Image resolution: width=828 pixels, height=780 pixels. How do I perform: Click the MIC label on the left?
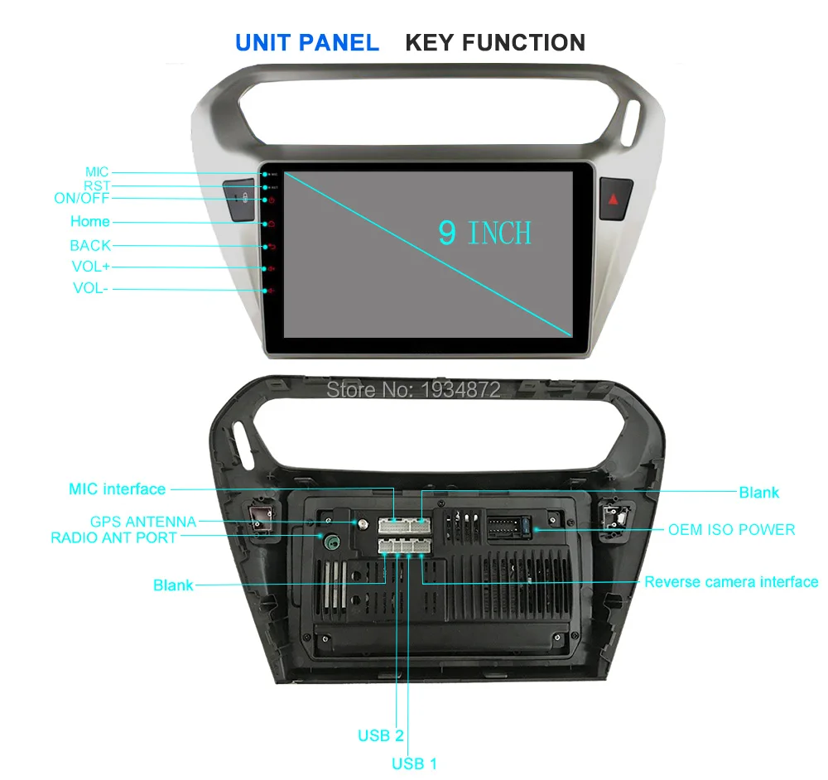(x=96, y=172)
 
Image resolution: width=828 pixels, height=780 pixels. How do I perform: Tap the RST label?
(x=96, y=186)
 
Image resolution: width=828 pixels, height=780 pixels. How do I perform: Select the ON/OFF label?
(x=81, y=199)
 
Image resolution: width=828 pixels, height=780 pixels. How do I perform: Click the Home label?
(x=89, y=221)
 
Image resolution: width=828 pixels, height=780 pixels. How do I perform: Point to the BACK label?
(x=89, y=245)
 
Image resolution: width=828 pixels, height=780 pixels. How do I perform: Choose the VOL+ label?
(x=90, y=267)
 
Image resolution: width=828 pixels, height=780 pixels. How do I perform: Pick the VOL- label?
(x=90, y=288)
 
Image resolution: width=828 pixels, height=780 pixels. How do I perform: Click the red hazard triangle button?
(x=614, y=199)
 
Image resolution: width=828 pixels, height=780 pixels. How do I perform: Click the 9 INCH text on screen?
(x=484, y=233)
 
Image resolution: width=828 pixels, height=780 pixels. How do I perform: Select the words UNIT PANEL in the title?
(x=307, y=42)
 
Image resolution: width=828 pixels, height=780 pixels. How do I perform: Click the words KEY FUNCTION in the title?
(x=495, y=42)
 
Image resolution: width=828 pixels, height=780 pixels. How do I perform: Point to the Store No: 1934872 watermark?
(x=414, y=388)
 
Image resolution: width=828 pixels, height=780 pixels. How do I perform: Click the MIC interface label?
(x=117, y=489)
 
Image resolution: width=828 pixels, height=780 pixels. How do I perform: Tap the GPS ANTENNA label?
(x=142, y=522)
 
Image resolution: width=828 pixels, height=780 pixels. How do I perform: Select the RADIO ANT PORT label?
(x=113, y=537)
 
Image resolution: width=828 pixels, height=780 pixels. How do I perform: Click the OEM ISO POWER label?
(x=731, y=529)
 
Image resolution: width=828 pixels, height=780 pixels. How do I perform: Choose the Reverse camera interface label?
(x=731, y=582)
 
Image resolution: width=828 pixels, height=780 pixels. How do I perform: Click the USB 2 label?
(x=381, y=735)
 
